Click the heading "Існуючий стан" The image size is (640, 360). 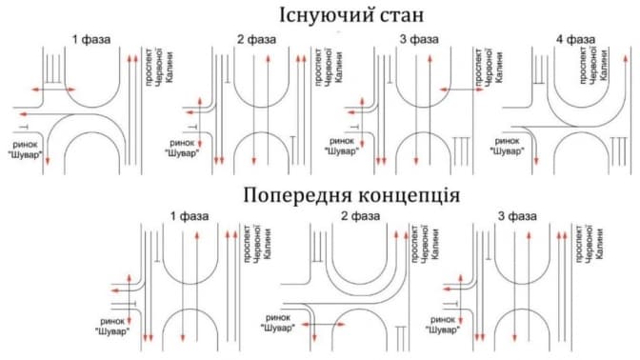click(x=351, y=15)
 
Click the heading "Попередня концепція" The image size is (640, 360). click(x=351, y=194)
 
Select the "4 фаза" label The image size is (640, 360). click(x=575, y=40)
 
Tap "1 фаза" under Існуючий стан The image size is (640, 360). click(x=91, y=40)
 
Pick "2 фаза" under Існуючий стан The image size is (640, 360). click(x=256, y=40)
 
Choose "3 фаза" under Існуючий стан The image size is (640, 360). click(x=419, y=40)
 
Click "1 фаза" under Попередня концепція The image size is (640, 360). click(x=189, y=216)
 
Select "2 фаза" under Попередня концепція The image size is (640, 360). click(x=360, y=216)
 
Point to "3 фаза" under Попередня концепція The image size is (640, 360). click(x=517, y=216)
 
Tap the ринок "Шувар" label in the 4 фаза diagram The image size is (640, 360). click(x=507, y=146)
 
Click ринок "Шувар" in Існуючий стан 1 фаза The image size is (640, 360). click(x=26, y=150)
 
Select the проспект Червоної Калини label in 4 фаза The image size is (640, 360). click(x=593, y=66)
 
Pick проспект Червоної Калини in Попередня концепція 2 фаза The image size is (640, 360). click(x=426, y=243)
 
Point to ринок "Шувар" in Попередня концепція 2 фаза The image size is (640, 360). click(x=277, y=323)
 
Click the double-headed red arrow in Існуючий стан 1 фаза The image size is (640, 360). click(x=53, y=90)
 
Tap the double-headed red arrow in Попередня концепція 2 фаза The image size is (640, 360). click(x=324, y=325)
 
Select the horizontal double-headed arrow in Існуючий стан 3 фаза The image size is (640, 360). click(x=462, y=90)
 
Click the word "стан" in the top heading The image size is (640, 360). click(x=402, y=16)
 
